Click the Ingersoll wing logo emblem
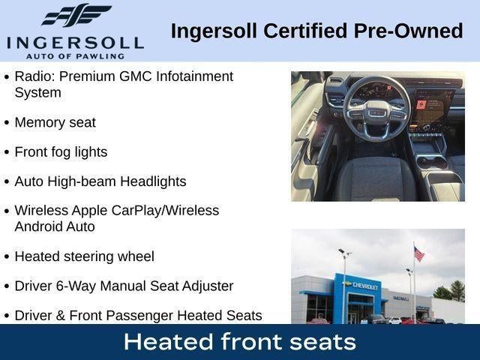(76, 15)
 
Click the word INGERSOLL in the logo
(75, 42)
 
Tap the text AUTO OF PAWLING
(74, 55)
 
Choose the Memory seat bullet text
(55, 122)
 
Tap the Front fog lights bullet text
(61, 152)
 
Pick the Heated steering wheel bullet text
(84, 256)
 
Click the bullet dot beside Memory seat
(7, 123)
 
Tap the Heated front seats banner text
(239, 342)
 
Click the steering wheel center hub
(377, 111)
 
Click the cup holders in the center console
(431, 161)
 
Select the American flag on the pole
(418, 254)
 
